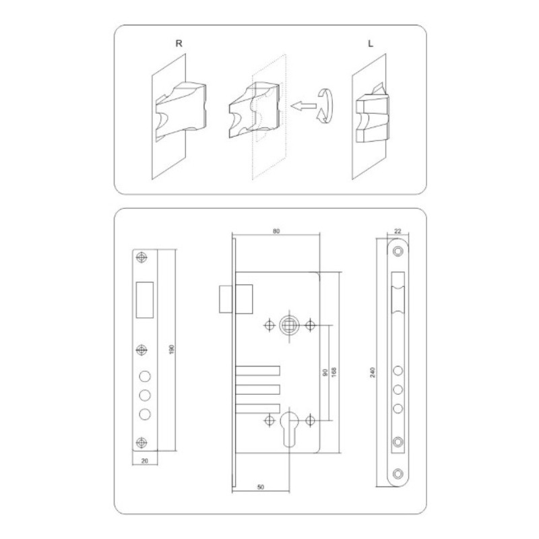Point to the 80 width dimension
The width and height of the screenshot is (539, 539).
pyautogui.click(x=276, y=231)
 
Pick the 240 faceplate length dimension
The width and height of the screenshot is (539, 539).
pyautogui.click(x=372, y=372)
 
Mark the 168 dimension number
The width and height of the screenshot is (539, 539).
pyautogui.click(x=333, y=372)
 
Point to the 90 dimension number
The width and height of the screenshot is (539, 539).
pyautogui.click(x=324, y=372)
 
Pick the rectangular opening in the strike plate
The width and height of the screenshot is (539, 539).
pyautogui.click(x=144, y=299)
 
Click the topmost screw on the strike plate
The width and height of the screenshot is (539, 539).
pyautogui.click(x=141, y=257)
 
